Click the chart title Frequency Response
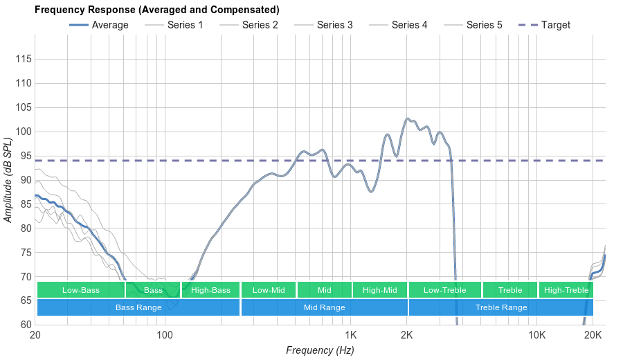pyautogui.click(x=157, y=10)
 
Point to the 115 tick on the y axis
pyautogui.click(x=23, y=60)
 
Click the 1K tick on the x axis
pyautogui.click(x=350, y=336)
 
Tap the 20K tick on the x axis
pyautogui.click(x=593, y=336)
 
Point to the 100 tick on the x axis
pyautogui.click(x=165, y=336)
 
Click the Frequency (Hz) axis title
pyautogui.click(x=320, y=350)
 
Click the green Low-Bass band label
pyautogui.click(x=80, y=290)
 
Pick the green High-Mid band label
pyautogui.click(x=379, y=290)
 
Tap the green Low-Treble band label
pyautogui.click(x=444, y=290)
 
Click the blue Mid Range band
pyautogui.click(x=324, y=307)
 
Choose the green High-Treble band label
pyautogui.click(x=566, y=290)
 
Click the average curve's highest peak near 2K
pyautogui.click(x=407, y=119)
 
